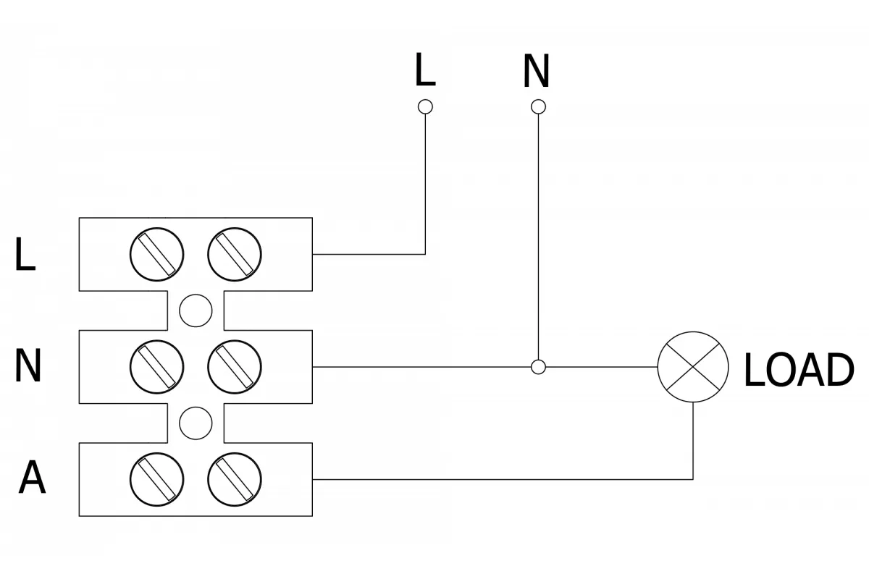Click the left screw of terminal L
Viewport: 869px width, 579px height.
tap(156, 255)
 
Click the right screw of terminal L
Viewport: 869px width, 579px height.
tap(235, 255)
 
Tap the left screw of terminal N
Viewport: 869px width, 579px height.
tap(156, 367)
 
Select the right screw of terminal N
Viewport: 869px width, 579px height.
tap(235, 367)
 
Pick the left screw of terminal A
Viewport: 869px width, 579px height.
tap(156, 479)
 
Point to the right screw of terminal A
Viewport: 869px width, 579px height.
tap(235, 479)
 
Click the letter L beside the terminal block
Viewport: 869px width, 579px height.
tap(25, 254)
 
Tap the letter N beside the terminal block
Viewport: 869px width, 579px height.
tap(28, 365)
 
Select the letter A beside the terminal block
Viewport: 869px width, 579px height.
tap(32, 477)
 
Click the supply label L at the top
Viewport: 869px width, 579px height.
tap(425, 69)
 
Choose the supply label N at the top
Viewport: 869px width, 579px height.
tap(537, 71)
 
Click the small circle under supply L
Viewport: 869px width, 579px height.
tap(425, 106)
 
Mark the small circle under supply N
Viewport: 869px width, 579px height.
tap(538, 106)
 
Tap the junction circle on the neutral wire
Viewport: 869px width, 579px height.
tap(538, 367)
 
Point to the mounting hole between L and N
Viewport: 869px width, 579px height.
tap(196, 310)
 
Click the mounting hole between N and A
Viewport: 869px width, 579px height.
tap(196, 423)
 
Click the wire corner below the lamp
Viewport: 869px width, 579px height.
tap(693, 479)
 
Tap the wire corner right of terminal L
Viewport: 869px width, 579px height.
tap(425, 255)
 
